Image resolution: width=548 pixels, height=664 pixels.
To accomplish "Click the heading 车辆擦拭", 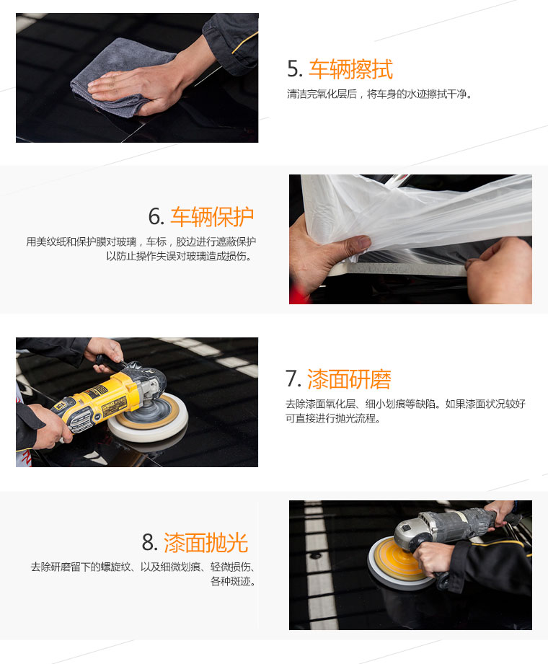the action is [350, 69].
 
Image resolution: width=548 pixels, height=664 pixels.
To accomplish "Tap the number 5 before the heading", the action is [294, 69].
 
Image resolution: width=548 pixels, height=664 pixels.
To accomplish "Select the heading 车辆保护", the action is [212, 217].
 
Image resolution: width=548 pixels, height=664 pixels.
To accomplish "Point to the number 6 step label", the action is [156, 217].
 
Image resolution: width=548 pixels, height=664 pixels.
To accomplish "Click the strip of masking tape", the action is [407, 268].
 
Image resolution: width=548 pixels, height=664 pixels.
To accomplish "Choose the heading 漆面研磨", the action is [348, 379].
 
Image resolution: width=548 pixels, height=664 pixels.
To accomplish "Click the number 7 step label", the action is [293, 379].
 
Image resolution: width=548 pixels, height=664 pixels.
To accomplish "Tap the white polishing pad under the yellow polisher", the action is [149, 418].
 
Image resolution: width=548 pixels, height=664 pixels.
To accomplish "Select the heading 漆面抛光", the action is [205, 543].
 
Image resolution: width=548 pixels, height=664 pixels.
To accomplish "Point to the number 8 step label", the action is [149, 543].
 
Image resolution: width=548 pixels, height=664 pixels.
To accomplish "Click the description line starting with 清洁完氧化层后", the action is [379, 94].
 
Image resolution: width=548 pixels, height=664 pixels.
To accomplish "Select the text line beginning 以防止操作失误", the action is [180, 256].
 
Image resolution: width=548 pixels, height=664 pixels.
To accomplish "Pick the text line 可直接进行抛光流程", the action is [333, 418].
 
